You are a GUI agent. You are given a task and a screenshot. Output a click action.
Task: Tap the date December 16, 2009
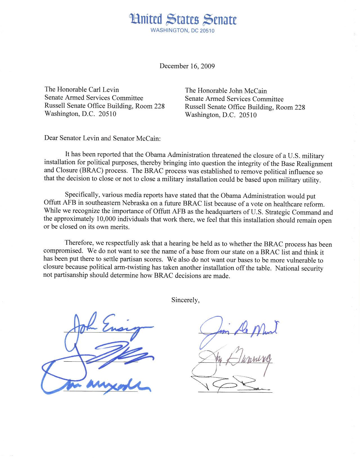[x=187, y=66]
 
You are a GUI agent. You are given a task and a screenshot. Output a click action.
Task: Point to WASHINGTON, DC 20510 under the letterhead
[x=183, y=30]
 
